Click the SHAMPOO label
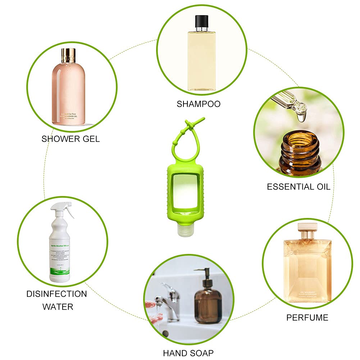pyautogui.click(x=199, y=104)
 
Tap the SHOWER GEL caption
pyautogui.click(x=71, y=138)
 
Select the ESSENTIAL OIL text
pyautogui.click(x=298, y=186)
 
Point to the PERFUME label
pyautogui.click(x=307, y=318)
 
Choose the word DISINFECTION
pyautogui.click(x=56, y=294)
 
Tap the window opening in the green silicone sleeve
pyautogui.click(x=185, y=188)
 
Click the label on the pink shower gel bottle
pyautogui.click(x=68, y=117)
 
